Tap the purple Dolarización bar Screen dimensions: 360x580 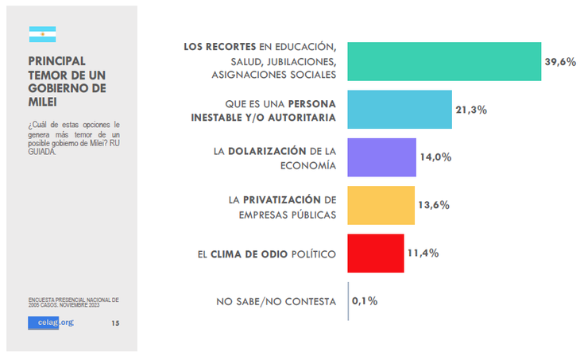381,157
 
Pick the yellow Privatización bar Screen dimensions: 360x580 381,205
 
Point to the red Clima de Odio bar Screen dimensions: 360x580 376,254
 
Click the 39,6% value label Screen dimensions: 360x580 560,62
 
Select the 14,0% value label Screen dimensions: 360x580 435,157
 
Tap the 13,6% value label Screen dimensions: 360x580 434,205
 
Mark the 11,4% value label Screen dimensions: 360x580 423,254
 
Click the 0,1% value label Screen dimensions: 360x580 365,301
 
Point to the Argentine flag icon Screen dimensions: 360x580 42,35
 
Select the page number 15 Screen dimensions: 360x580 115,323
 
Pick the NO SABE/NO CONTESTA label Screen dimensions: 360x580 276,302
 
